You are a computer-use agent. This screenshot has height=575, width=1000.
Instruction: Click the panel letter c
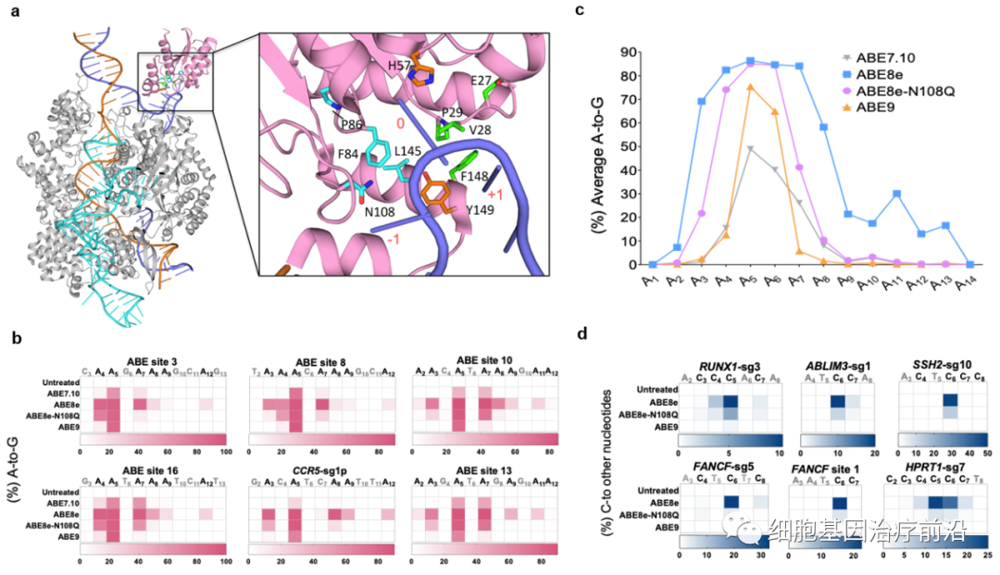pos(580,11)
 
